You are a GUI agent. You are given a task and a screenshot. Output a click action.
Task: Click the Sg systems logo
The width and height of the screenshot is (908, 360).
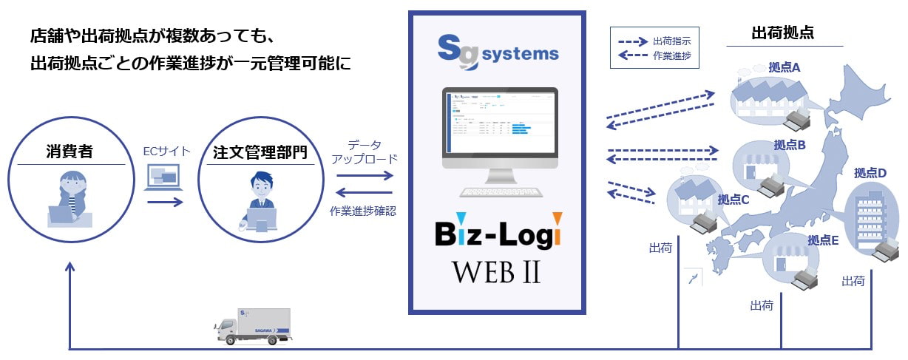coord(497,53)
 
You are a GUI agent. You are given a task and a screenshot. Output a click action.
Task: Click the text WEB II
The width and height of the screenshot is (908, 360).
coord(497,272)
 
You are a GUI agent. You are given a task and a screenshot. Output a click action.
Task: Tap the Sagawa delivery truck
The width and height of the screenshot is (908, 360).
coord(253,326)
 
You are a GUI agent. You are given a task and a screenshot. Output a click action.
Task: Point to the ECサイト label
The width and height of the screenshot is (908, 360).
coord(166,152)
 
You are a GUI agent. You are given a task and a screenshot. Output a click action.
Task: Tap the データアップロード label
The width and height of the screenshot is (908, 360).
coord(365,152)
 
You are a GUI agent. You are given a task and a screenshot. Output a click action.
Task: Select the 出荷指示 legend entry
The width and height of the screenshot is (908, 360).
coord(671,41)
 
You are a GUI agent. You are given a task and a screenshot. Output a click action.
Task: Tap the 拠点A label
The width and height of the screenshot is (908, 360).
coord(785,67)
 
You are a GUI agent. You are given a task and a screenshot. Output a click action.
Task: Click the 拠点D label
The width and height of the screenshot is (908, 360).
coord(870,173)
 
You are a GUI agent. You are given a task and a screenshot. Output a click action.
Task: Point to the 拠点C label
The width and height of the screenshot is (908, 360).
coord(733,200)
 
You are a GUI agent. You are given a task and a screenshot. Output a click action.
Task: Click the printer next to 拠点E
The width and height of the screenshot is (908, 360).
coord(808,277)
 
